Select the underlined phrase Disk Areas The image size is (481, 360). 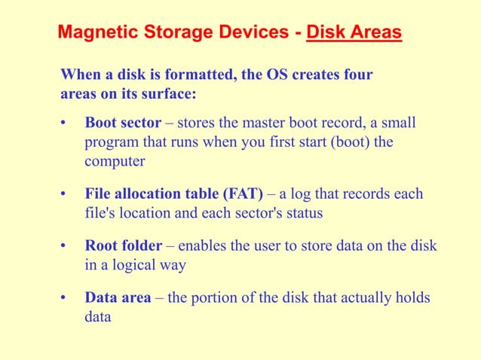tap(354, 33)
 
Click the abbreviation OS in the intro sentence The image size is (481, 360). tap(267, 75)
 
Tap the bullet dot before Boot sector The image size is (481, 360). tap(64, 123)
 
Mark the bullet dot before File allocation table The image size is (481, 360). tap(64, 195)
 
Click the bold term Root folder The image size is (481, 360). tap(124, 246)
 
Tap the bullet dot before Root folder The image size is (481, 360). tap(64, 246)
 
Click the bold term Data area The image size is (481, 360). tap(118, 298)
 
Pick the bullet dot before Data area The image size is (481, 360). tap(64, 298)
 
